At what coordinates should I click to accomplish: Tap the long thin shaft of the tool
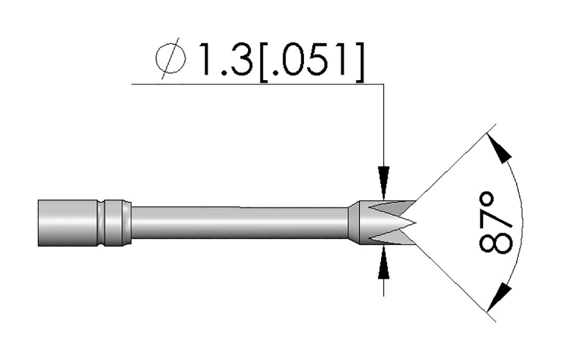[x=240, y=223]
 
